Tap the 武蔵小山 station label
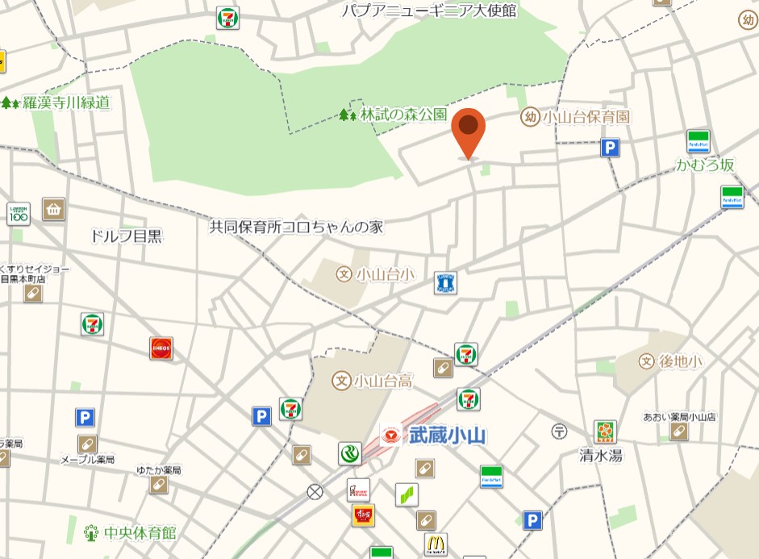tap(446, 436)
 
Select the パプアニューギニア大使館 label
tap(428, 10)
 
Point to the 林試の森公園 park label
tap(403, 115)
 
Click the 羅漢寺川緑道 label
tap(66, 102)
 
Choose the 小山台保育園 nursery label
tap(586, 118)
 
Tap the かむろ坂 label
tap(706, 165)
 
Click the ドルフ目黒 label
tap(127, 236)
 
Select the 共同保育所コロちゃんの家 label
tap(296, 227)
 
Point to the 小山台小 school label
tap(385, 274)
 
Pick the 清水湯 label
tap(601, 455)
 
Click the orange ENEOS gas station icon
tap(161, 348)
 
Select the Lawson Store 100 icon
tap(19, 214)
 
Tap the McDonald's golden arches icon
tap(436, 544)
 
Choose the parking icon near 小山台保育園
tap(611, 148)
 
